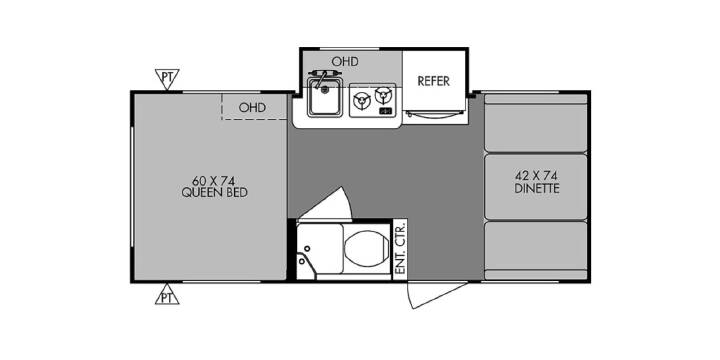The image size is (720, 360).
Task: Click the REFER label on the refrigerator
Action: pos(433,81)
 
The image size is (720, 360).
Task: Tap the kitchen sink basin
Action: pos(325,97)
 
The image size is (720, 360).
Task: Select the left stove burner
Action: pos(362,100)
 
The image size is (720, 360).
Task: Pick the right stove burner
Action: pos(382,96)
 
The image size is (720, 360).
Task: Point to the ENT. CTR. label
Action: pos(400,248)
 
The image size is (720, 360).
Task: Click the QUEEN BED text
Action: pos(214,193)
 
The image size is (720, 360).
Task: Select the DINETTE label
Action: pos(536,189)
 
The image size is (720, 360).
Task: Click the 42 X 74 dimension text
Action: pos(536,176)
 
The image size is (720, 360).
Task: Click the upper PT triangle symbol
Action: pos(167,79)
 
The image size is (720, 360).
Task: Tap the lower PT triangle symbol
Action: pos(167,294)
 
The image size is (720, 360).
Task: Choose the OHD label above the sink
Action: pos(345,62)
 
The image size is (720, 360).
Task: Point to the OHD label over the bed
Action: pos(252,108)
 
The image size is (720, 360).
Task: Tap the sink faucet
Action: pos(324,76)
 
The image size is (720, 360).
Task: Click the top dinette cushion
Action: pos(536,123)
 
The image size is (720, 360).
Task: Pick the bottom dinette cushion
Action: pos(536,250)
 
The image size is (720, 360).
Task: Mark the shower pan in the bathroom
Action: pos(320,251)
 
